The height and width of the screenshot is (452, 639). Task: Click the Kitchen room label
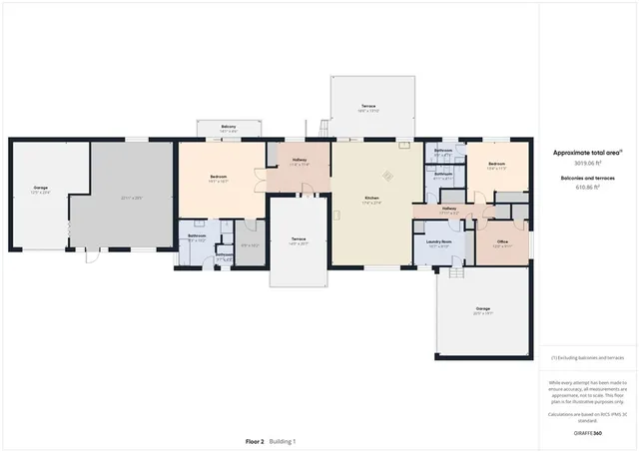click(x=371, y=199)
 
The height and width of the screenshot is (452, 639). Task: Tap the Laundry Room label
click(x=440, y=241)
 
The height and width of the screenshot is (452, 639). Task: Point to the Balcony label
click(x=229, y=127)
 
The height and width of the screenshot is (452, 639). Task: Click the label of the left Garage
click(x=41, y=188)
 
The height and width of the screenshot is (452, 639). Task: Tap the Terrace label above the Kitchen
click(x=368, y=106)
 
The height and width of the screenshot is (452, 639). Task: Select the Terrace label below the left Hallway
click(x=299, y=239)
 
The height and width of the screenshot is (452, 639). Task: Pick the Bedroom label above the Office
click(x=496, y=164)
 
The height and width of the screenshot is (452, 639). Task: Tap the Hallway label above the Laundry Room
click(x=448, y=209)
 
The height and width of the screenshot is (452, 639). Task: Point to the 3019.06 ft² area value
click(x=588, y=163)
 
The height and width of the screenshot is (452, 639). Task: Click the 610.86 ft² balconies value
click(x=588, y=188)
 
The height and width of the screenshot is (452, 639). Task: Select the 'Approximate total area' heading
click(x=587, y=153)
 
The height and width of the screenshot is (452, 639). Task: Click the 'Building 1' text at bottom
click(x=282, y=440)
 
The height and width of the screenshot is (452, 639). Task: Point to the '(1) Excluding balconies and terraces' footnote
click(x=588, y=356)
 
